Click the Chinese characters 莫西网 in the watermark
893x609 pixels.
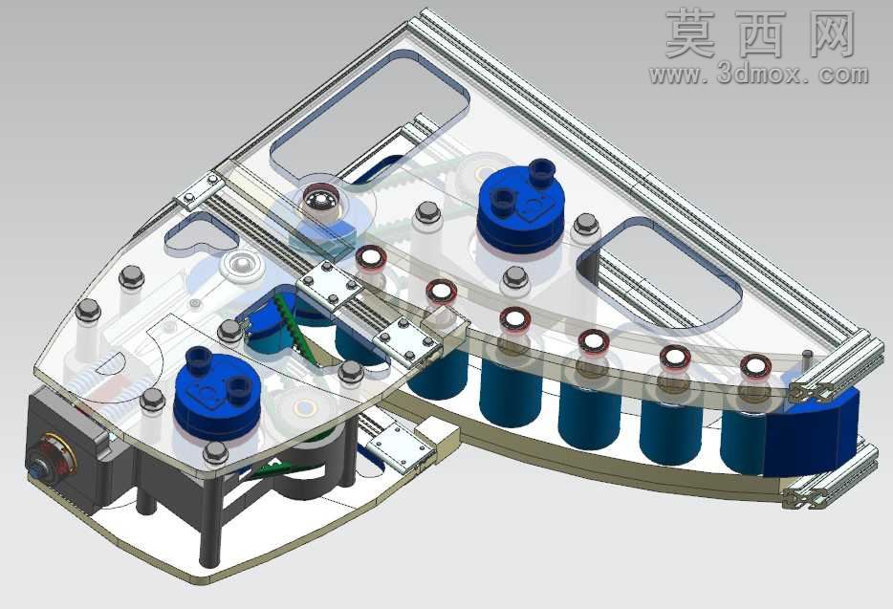(x=761, y=34)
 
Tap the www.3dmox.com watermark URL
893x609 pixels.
(x=758, y=75)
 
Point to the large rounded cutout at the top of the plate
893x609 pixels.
(x=370, y=111)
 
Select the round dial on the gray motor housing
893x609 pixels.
(x=53, y=456)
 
